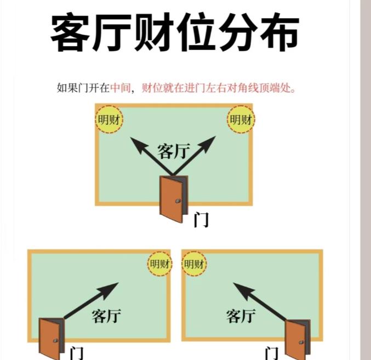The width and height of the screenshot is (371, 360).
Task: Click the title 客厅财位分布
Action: pos(175,33)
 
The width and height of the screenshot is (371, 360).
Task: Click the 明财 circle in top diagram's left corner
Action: pos(109,119)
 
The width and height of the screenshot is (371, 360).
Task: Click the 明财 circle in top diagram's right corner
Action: pos(241,119)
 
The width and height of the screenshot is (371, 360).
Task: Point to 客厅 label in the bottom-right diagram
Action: pos(241,316)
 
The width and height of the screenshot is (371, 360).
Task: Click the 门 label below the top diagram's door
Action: pos(201,220)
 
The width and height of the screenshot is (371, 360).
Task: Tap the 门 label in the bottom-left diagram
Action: pos(76,352)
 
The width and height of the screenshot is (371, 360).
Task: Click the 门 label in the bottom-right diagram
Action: pos(271,352)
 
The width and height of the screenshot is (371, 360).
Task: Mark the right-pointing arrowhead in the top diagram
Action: pos(208,145)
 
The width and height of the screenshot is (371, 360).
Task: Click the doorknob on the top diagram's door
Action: pos(178,202)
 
